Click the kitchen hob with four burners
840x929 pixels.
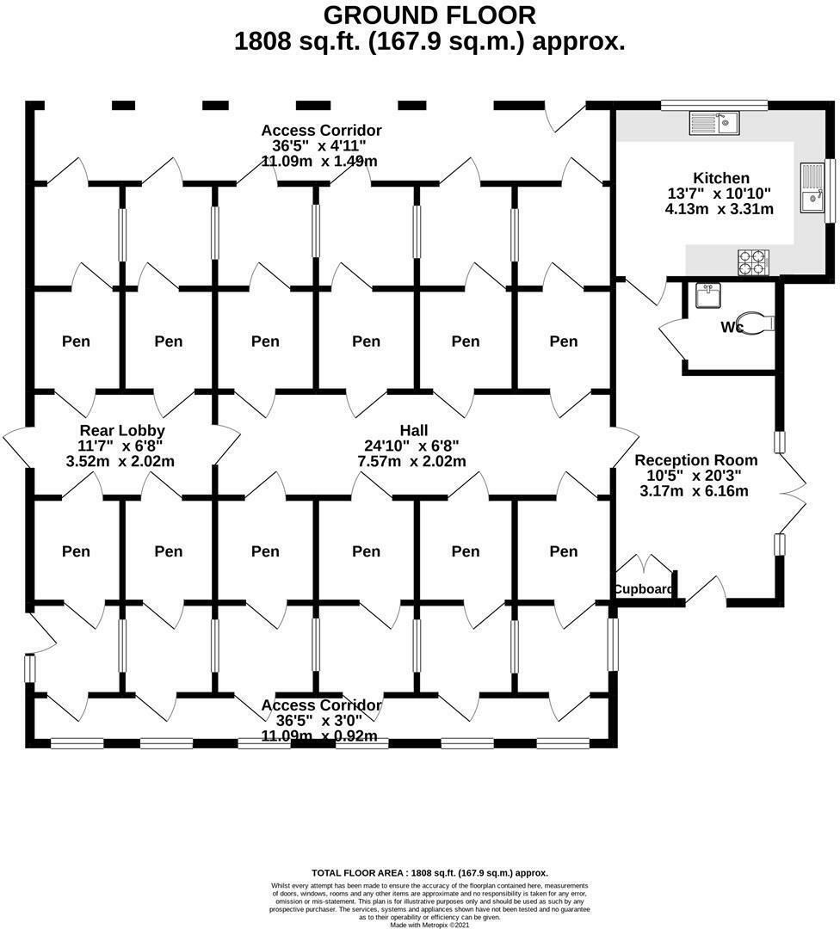[753, 261]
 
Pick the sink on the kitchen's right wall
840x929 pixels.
[811, 189]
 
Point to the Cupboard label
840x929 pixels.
[643, 589]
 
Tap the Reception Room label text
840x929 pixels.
[696, 460]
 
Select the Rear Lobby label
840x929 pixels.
[122, 430]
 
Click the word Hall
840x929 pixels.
[414, 430]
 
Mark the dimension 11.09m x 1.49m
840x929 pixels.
[321, 161]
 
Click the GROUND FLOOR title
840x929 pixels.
[429, 15]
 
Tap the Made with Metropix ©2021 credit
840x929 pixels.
[429, 925]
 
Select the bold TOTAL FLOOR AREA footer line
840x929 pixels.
[429, 872]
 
